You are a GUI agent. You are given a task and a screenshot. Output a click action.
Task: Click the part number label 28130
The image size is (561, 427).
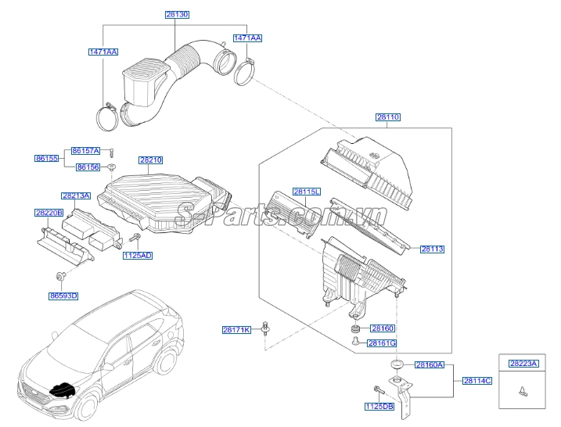[177, 15]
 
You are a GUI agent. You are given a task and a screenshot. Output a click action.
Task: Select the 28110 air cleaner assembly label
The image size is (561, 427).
[387, 117]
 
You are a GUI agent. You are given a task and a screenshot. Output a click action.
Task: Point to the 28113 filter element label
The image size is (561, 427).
[432, 249]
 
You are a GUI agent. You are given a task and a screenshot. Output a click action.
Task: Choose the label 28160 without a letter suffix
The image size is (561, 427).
[382, 329]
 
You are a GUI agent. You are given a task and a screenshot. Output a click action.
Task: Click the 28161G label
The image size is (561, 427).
[383, 343]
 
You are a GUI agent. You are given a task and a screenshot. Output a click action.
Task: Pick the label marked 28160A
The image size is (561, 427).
[429, 365]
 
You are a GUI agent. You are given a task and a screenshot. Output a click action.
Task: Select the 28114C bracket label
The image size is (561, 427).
[477, 381]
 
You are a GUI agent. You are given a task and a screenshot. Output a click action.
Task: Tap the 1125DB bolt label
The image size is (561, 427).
[379, 407]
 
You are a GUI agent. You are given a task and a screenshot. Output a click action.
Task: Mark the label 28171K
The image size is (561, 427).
[236, 331]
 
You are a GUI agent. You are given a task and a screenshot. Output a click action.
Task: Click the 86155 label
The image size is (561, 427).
[45, 158]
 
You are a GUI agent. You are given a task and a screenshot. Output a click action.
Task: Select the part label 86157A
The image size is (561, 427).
[85, 150]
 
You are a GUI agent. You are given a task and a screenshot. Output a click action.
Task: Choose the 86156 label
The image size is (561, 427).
[88, 167]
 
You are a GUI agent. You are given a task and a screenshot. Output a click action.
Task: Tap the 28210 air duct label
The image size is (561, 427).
[151, 160]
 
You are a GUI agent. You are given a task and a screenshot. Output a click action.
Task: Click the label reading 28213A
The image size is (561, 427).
[76, 196]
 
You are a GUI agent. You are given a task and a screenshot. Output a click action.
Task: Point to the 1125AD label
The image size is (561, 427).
[137, 255]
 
